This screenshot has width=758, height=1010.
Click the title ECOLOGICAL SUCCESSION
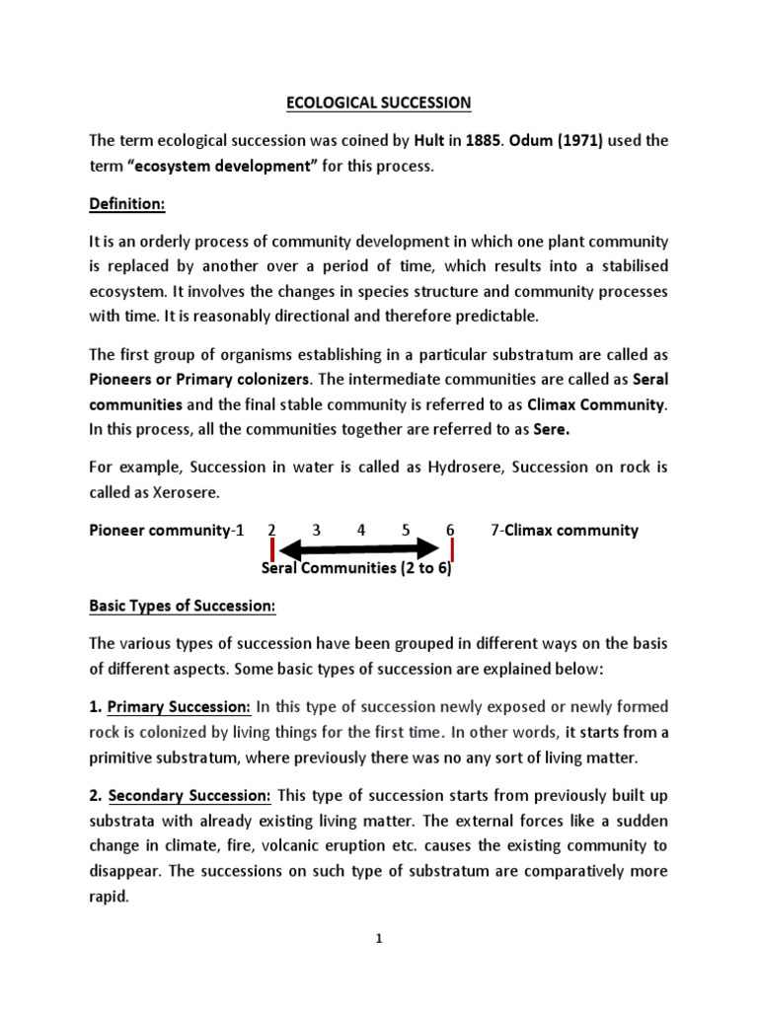[x=379, y=103]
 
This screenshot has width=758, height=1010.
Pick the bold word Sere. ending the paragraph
[x=555, y=429]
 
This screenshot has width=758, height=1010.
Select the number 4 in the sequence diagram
[x=361, y=530]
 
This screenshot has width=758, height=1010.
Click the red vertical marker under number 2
[x=271, y=548]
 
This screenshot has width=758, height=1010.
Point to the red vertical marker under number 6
[x=450, y=548]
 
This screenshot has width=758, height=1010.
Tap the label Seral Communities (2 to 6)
[x=356, y=568]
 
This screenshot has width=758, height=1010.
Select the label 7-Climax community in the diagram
[x=564, y=530]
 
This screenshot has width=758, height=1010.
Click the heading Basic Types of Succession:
[x=183, y=605]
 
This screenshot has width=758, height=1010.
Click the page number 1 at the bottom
[x=379, y=939]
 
